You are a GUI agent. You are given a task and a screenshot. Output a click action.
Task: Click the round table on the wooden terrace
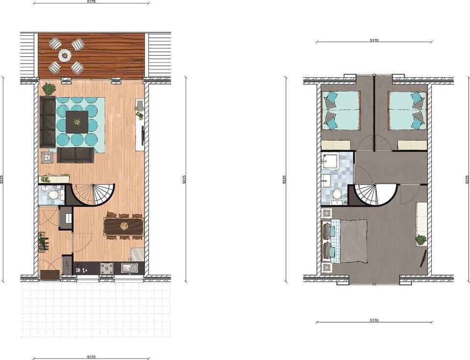tap(65, 55)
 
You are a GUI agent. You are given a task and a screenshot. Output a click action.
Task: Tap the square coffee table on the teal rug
tap(77, 121)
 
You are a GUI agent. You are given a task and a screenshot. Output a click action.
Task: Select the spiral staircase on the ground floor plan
tap(95, 195)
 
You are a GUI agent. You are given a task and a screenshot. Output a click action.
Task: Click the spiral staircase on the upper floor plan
tap(376, 194)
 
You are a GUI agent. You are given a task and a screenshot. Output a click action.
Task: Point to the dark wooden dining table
tap(123, 226)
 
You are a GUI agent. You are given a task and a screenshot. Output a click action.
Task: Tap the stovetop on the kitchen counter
tap(107, 268)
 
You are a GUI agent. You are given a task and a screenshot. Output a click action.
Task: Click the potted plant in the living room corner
tap(49, 89)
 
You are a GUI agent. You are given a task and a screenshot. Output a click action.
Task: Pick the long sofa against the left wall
tap(47, 121)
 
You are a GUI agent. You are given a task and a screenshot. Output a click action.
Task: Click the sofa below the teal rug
tap(75, 155)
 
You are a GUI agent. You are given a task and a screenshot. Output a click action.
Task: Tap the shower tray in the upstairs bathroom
tap(330, 161)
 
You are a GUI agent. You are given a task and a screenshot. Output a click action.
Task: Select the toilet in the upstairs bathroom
tap(336, 194)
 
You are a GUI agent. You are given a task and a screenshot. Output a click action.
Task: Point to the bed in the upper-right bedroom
tap(406, 111)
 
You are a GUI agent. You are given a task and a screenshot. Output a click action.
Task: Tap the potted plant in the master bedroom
tap(421, 240)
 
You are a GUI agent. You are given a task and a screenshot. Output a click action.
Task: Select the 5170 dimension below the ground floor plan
tap(91, 357)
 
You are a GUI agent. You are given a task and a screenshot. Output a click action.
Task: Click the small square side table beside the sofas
tap(47, 157)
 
